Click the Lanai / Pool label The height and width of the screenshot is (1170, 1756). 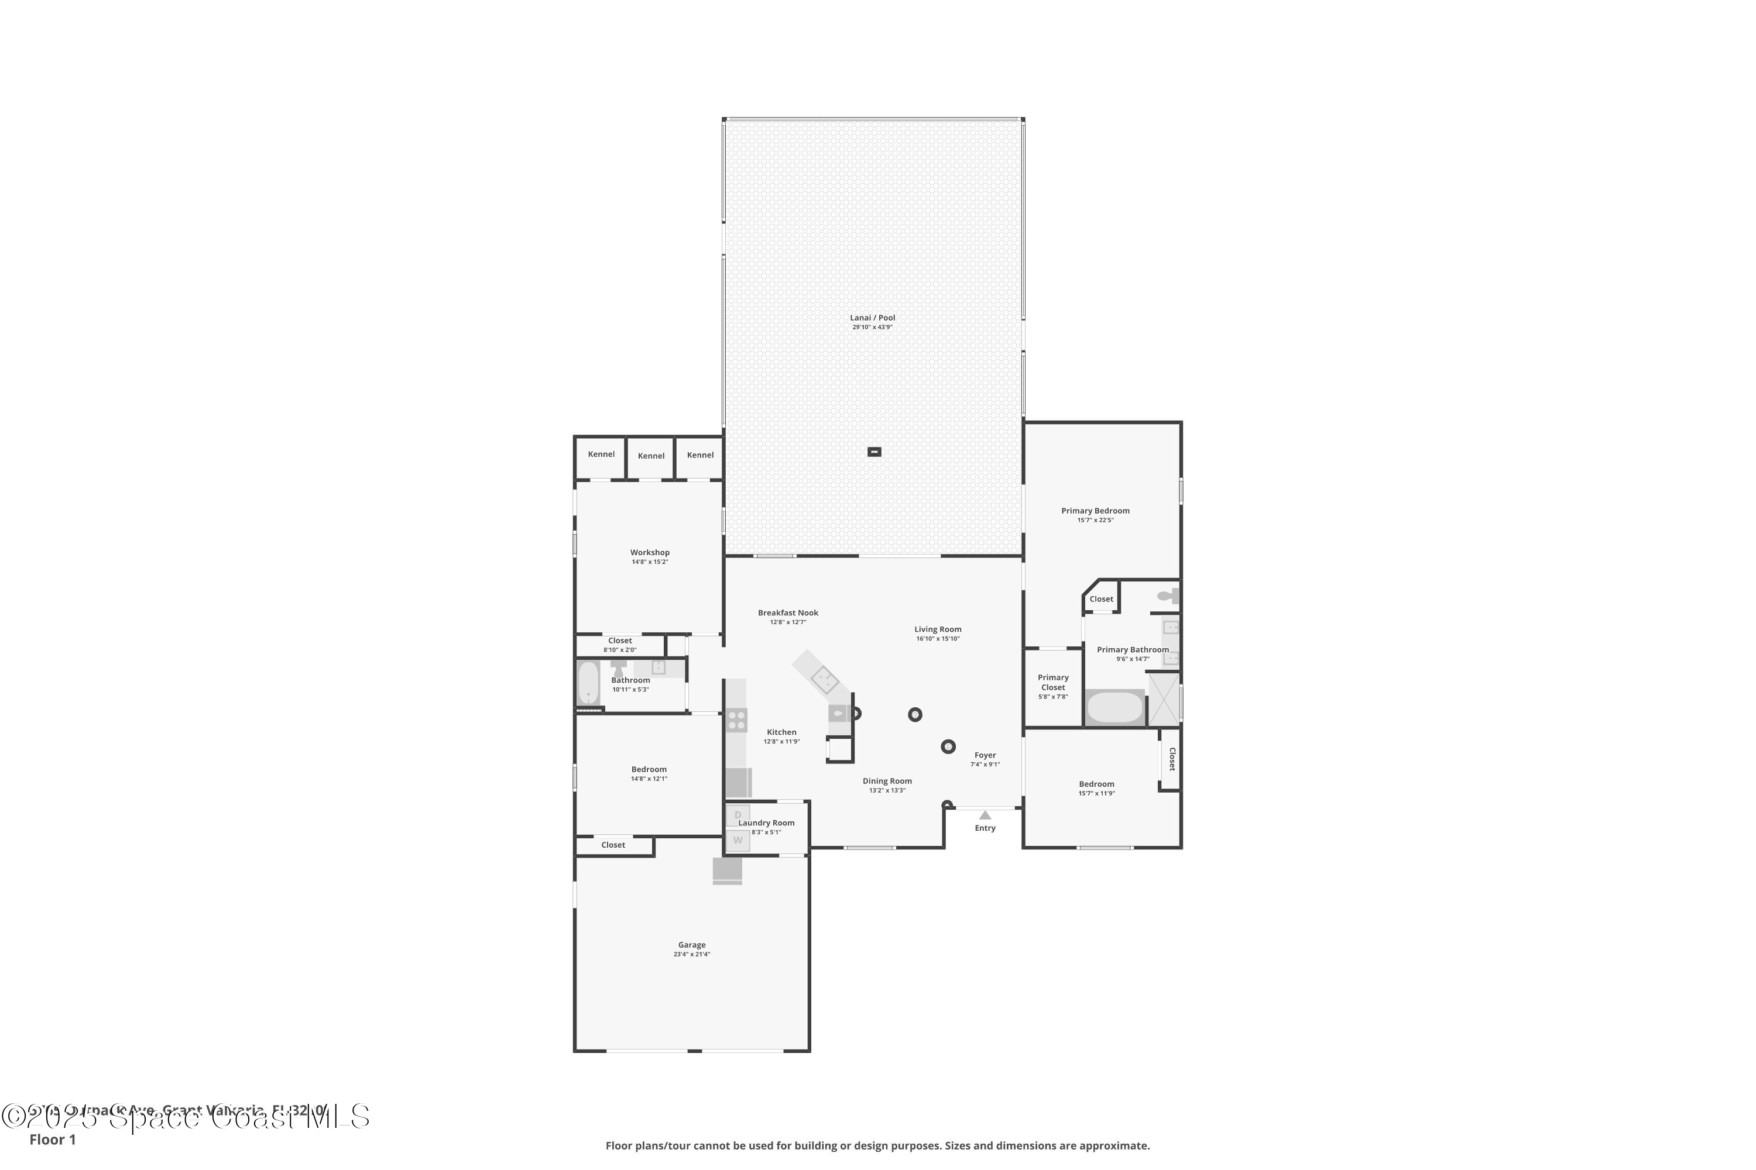click(872, 318)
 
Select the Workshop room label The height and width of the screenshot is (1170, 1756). click(650, 553)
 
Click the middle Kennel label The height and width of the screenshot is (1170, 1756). click(651, 456)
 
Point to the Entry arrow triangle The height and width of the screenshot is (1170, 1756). click(985, 815)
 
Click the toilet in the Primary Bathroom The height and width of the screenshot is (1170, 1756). click(1167, 596)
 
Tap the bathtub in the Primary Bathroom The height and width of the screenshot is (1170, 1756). click(1114, 707)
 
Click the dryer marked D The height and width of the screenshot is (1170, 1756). click(738, 815)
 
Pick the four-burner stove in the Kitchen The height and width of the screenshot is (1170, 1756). click(736, 720)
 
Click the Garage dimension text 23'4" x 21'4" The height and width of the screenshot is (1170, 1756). click(691, 954)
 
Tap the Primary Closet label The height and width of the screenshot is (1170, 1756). click(1052, 683)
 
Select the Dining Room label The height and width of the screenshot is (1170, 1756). click(887, 781)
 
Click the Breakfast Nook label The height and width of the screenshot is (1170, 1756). click(788, 613)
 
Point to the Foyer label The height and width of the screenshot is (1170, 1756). click(985, 755)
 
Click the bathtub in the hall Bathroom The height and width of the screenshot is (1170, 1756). click(588, 683)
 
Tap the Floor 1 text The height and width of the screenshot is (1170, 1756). click(52, 1140)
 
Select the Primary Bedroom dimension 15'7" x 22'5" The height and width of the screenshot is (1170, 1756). click(1095, 521)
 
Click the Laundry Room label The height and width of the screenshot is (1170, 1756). click(766, 823)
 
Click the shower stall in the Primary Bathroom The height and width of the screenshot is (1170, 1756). click(1162, 699)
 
